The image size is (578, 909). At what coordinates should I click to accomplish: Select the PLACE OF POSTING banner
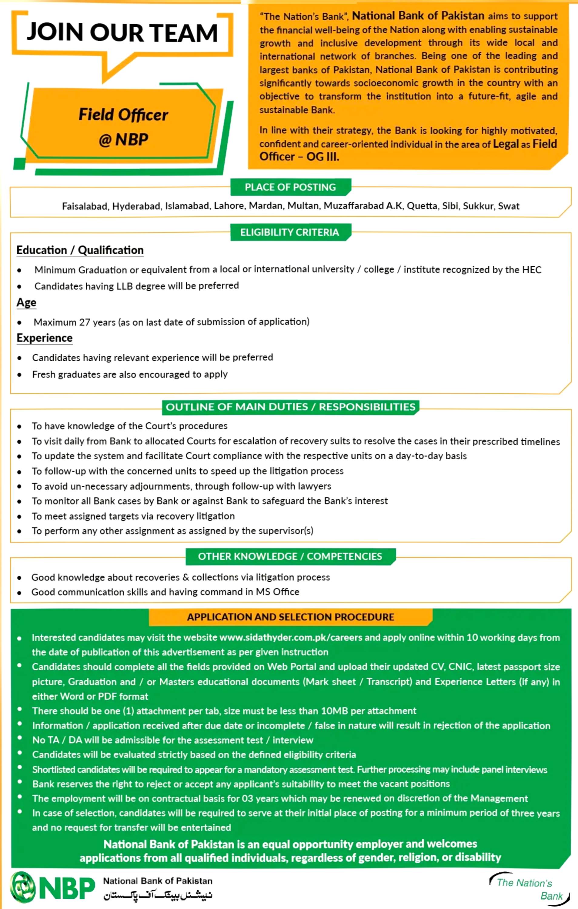point(290,187)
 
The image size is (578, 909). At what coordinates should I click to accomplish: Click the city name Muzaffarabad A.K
point(363,206)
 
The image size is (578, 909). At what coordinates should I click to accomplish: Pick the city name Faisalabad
point(85,206)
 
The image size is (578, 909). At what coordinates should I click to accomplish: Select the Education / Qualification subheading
point(80,250)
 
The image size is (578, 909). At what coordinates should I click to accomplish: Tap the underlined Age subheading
point(26,302)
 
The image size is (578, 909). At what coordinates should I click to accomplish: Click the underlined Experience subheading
point(45,338)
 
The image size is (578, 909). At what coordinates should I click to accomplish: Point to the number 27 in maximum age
point(85,322)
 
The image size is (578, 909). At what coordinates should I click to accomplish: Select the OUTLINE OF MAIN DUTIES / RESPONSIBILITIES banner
point(290,407)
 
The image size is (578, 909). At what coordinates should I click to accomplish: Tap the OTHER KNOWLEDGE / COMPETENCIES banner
point(290,556)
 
